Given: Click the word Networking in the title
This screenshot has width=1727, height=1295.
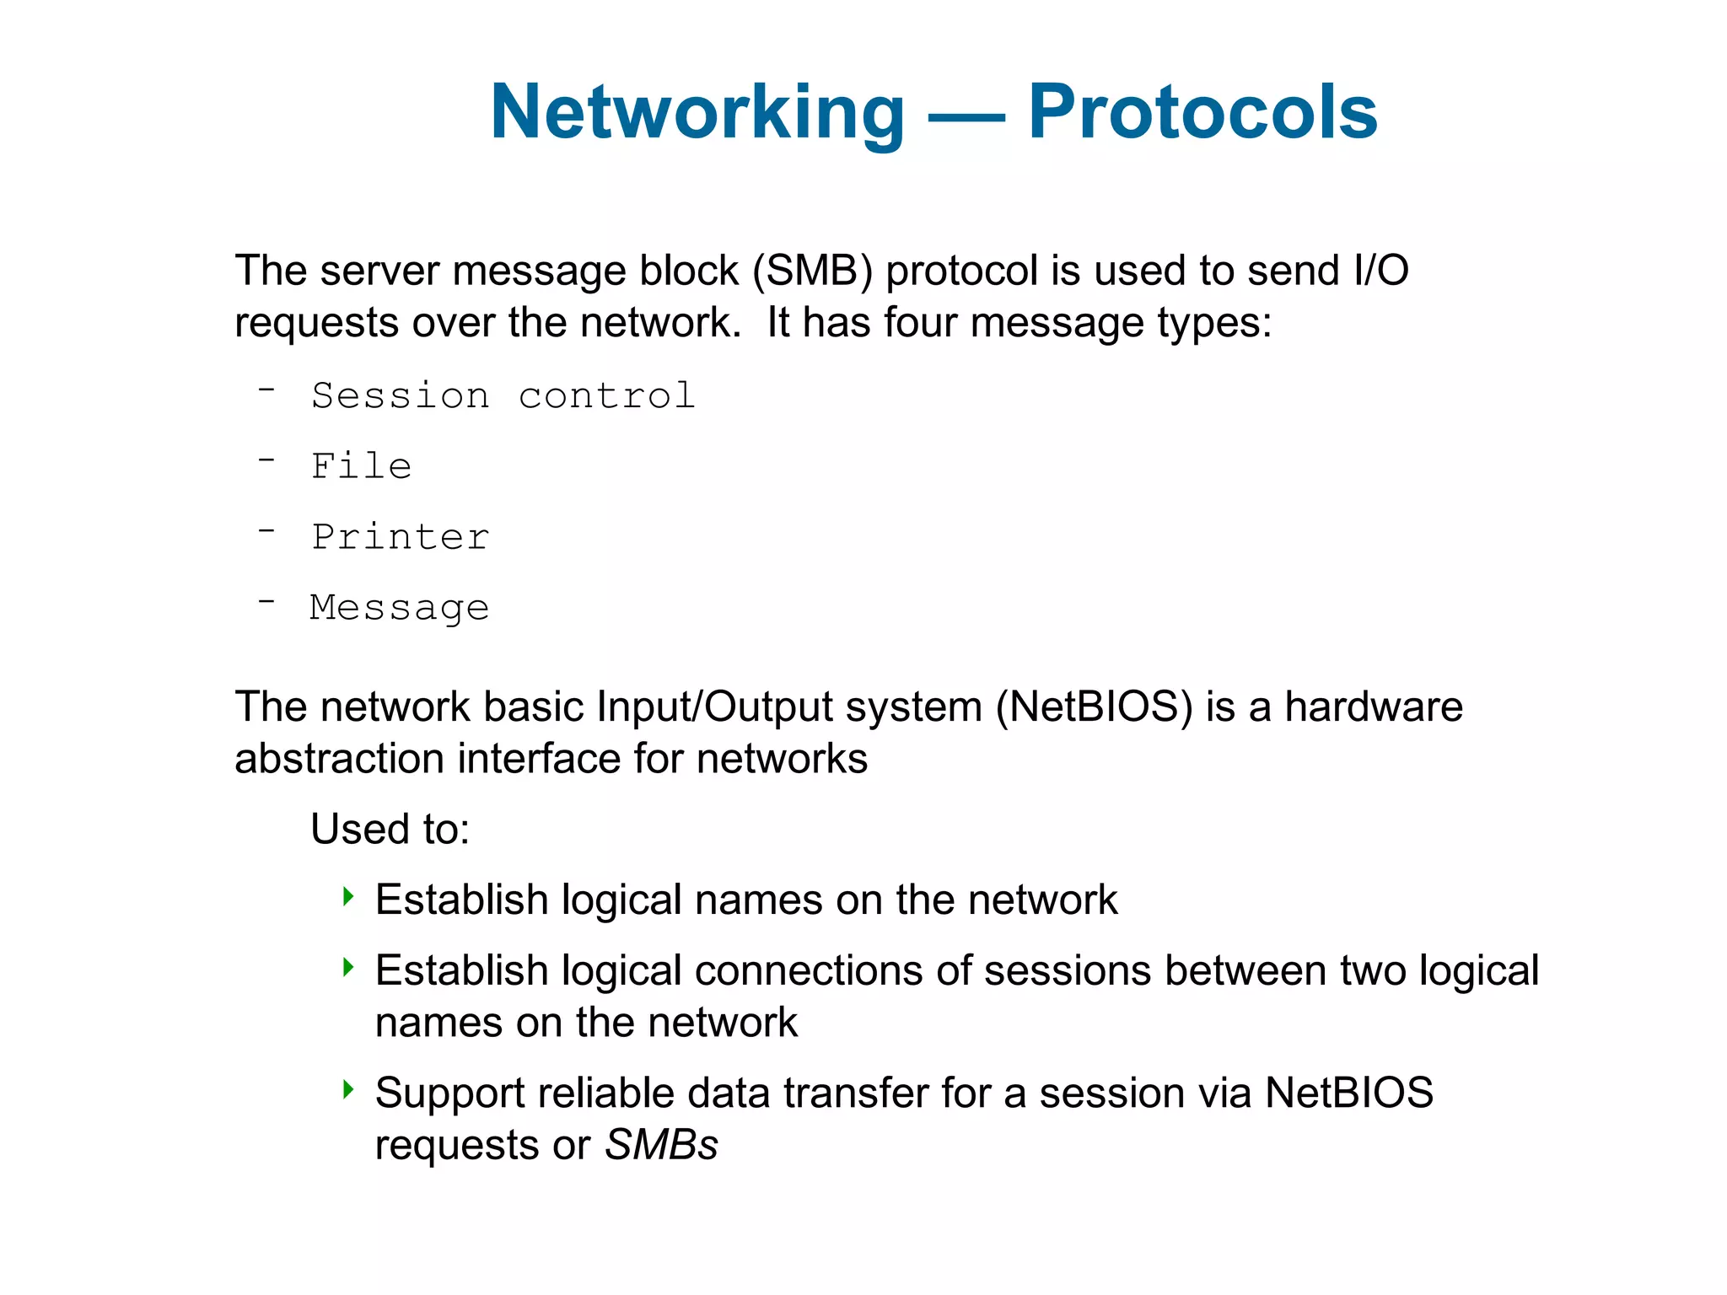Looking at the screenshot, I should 697,112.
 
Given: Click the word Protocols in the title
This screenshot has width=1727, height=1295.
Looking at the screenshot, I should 1202,112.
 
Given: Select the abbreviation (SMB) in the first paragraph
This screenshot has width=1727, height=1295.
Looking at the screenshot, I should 812,271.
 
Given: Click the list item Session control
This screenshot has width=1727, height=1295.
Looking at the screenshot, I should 503,396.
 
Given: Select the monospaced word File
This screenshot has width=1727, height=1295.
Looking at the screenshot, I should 362,466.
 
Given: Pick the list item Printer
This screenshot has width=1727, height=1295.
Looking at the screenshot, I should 401,537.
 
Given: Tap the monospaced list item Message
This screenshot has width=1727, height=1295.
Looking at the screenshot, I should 400,608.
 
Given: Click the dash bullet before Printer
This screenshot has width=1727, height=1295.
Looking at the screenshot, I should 266,531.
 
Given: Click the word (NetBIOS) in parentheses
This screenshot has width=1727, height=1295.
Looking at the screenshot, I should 1094,707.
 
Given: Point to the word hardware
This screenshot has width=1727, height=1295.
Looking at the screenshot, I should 1374,707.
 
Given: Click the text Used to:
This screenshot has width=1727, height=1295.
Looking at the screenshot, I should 390,829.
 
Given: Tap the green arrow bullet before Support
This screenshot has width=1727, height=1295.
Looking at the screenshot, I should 348,1088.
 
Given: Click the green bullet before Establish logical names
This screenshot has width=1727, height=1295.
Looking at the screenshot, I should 348,895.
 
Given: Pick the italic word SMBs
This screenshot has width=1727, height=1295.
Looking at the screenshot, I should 661,1145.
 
